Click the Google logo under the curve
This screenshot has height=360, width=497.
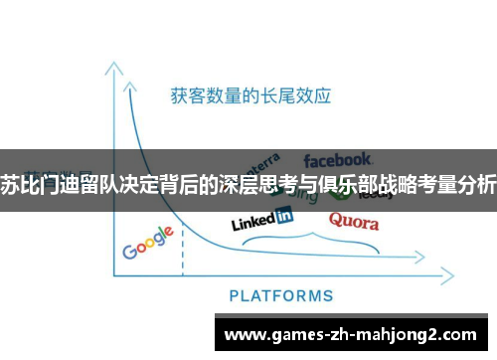coord(148,242)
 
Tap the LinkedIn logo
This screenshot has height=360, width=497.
coord(261,218)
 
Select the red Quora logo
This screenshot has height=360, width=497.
coord(353,220)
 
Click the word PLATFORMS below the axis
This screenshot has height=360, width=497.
coord(281,295)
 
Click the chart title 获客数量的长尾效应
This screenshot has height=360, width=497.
coord(250,96)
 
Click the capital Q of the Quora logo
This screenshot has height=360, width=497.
coord(335,220)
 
